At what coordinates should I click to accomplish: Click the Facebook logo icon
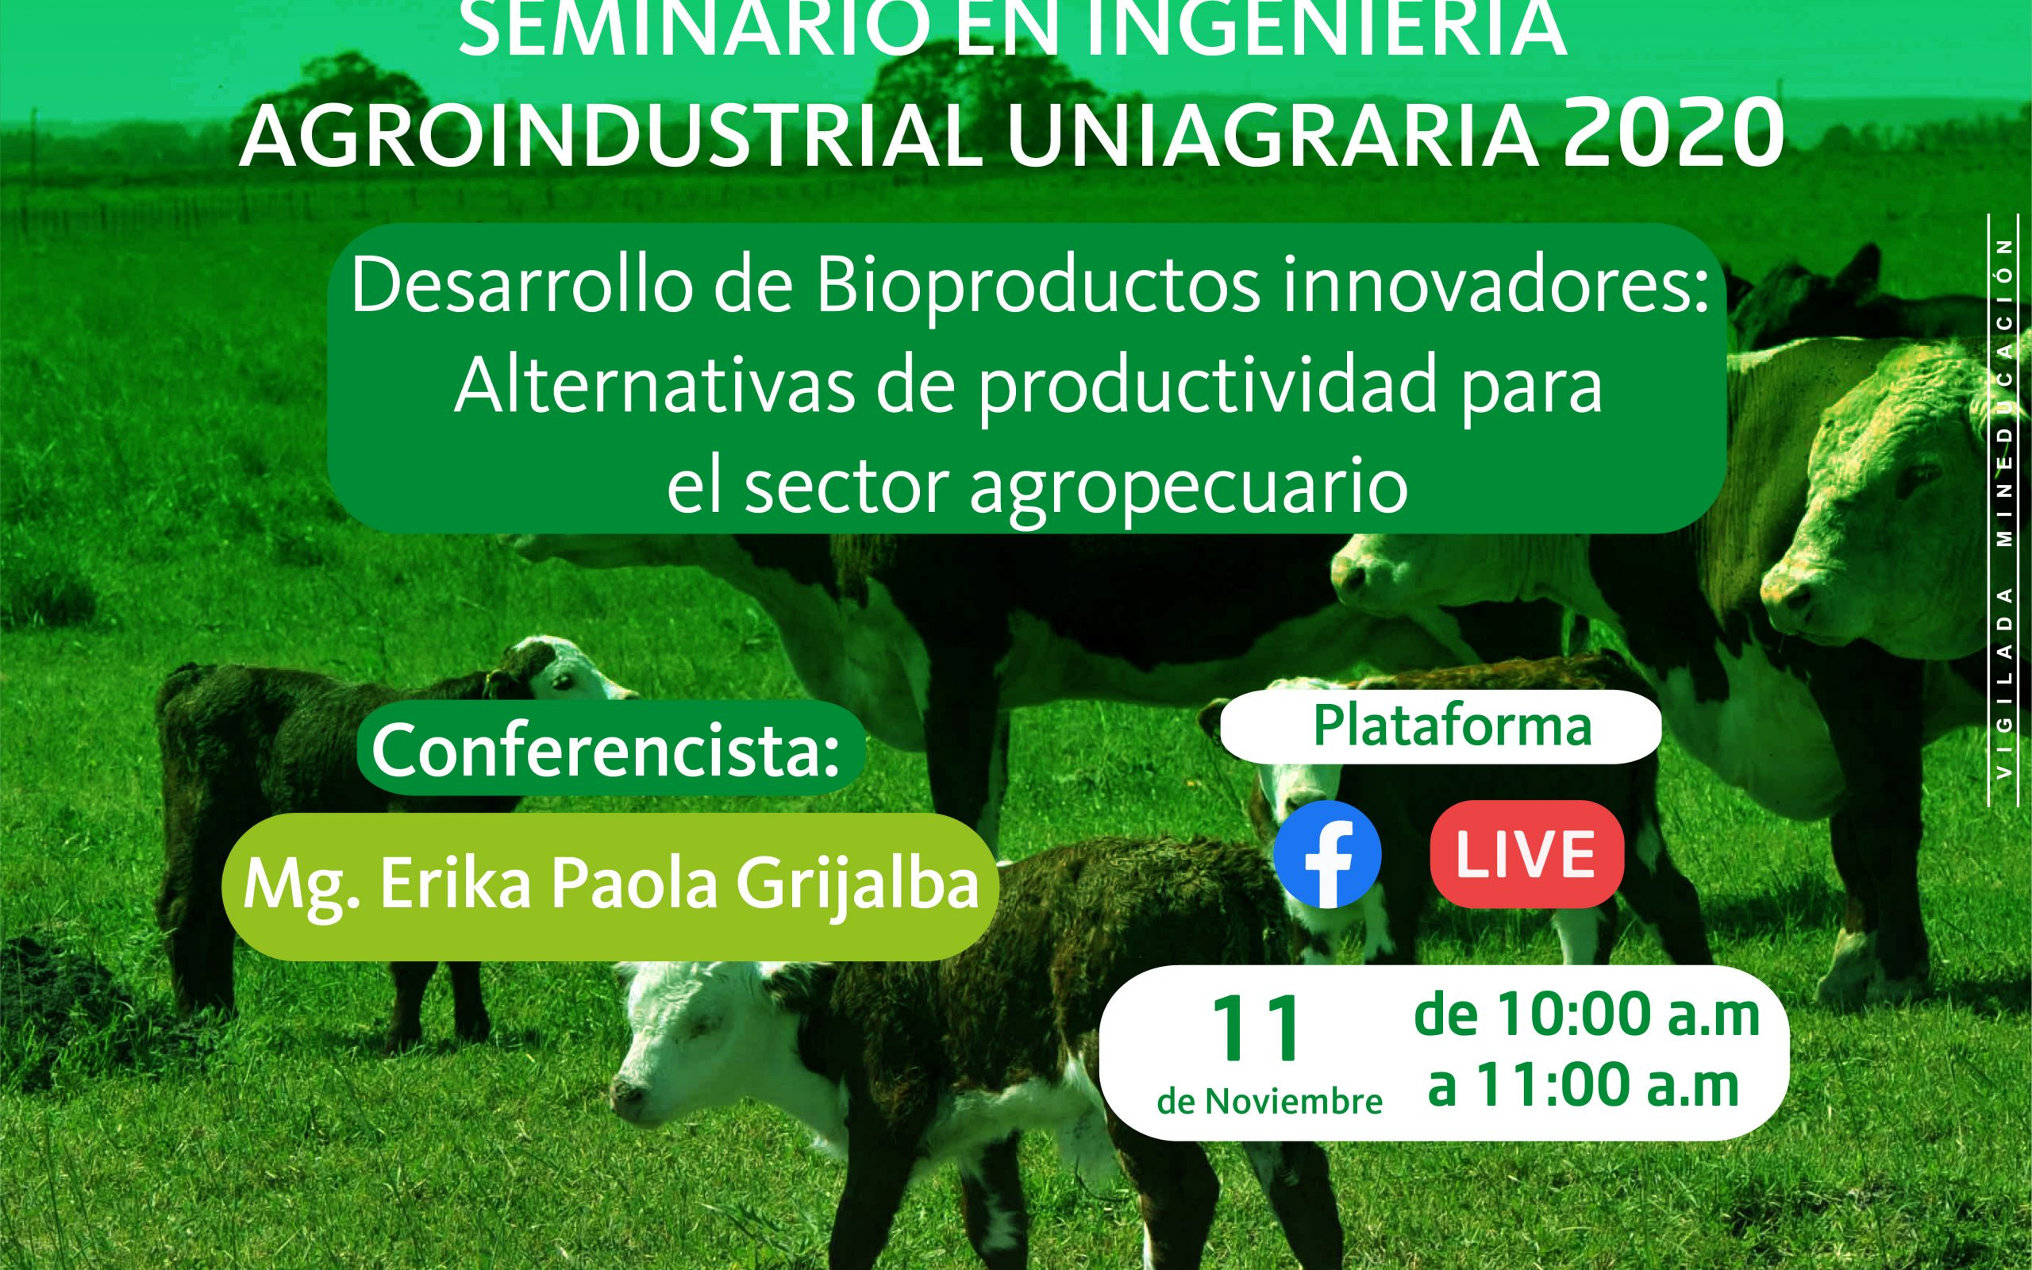(x=1326, y=854)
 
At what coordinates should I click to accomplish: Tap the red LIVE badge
(x=1526, y=853)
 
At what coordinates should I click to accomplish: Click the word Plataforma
(x=1452, y=725)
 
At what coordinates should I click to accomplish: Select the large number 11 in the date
(x=1257, y=1029)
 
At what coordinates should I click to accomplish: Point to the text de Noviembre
(x=1269, y=1101)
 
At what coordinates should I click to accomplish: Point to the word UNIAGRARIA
(x=1272, y=135)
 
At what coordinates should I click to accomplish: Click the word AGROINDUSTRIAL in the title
(x=612, y=135)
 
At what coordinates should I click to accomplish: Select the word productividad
(x=1206, y=388)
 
